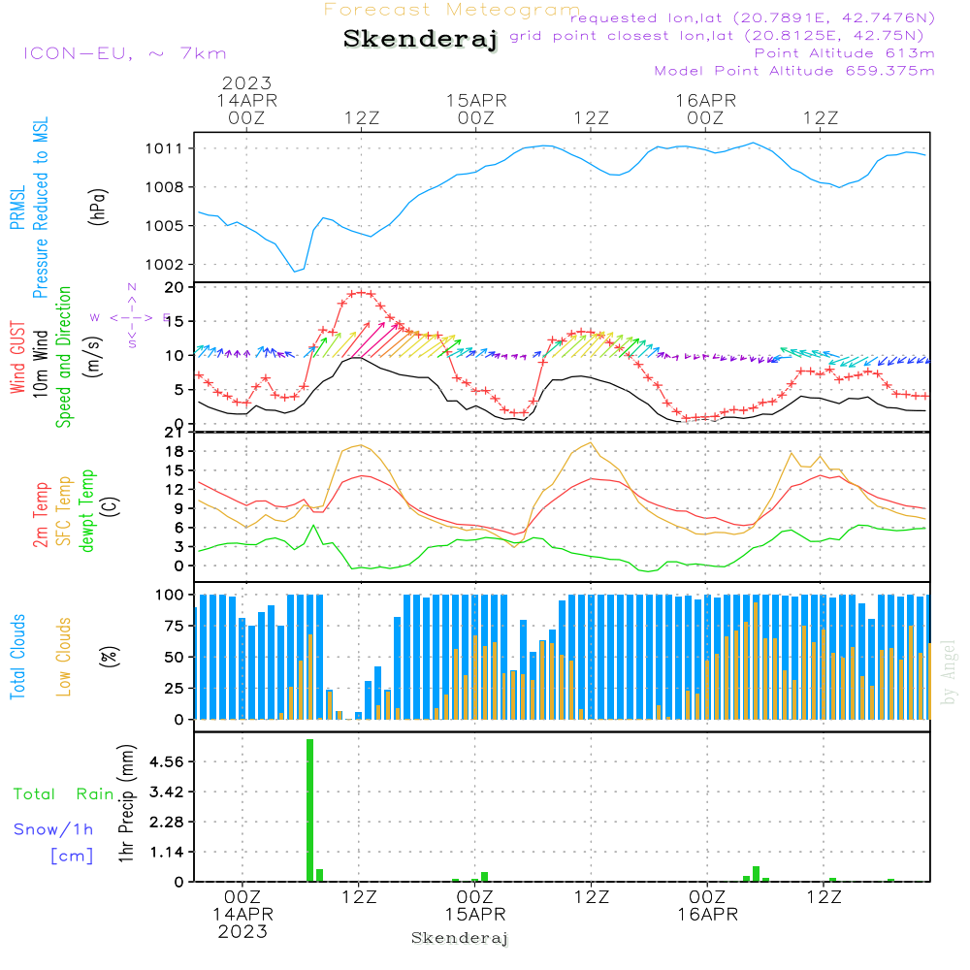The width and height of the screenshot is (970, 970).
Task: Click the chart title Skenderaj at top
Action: click(x=420, y=40)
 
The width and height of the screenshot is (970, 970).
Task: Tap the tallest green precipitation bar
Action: click(x=309, y=810)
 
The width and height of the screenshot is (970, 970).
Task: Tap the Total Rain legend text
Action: click(x=63, y=794)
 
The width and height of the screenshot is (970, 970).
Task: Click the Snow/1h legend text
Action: click(x=54, y=829)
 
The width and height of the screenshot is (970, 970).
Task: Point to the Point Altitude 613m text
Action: click(x=844, y=52)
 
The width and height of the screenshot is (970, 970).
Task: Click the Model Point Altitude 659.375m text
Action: click(x=794, y=71)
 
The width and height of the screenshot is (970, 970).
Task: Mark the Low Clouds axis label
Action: click(x=64, y=657)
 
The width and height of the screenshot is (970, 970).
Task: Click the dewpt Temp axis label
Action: click(x=87, y=511)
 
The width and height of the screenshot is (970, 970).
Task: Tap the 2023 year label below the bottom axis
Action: click(x=242, y=932)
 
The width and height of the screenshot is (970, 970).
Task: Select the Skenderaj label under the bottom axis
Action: click(x=460, y=938)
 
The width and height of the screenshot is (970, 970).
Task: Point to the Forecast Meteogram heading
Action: click(x=452, y=10)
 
